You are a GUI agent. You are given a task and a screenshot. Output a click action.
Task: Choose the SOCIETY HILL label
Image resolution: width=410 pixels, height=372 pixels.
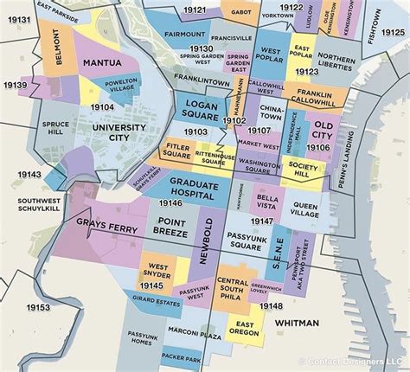pos(304,169)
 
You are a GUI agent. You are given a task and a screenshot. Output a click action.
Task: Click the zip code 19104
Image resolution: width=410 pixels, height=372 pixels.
pos(102,106)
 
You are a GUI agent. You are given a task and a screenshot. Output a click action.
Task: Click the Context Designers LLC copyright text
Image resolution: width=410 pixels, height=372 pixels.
pos(356,361)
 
